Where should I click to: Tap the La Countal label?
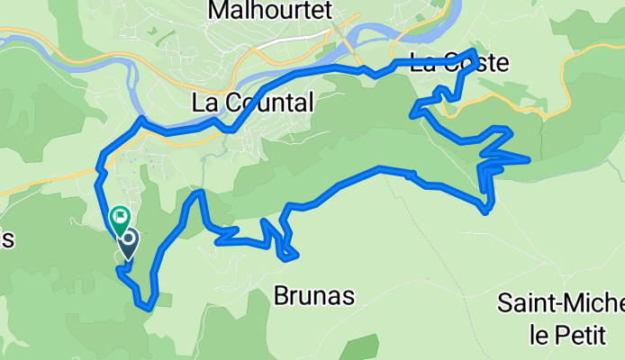point(253,103)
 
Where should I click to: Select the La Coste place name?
point(458,64)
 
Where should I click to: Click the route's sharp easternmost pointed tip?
point(529,160)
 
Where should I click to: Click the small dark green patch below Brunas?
point(360,346)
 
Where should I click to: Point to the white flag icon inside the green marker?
point(119,216)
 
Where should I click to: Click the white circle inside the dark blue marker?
point(128,239)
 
